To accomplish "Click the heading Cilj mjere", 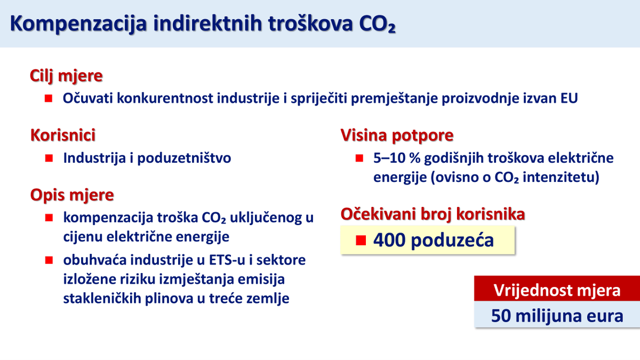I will [x=66, y=76].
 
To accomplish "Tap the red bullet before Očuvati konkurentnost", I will [x=49, y=99].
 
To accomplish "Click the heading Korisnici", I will [x=63, y=135].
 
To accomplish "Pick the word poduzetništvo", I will [x=185, y=158].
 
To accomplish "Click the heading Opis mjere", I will [x=72, y=195].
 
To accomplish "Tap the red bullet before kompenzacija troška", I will [x=49, y=218].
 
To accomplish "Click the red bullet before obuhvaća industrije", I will [x=49, y=260].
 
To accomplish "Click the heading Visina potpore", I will [x=397, y=135].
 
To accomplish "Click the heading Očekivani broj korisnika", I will [x=433, y=214].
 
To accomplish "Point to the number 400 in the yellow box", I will [x=389, y=240].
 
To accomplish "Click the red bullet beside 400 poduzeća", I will [x=361, y=240].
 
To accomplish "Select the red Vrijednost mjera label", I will [x=557, y=291].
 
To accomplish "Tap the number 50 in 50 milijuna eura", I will [x=502, y=316].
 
